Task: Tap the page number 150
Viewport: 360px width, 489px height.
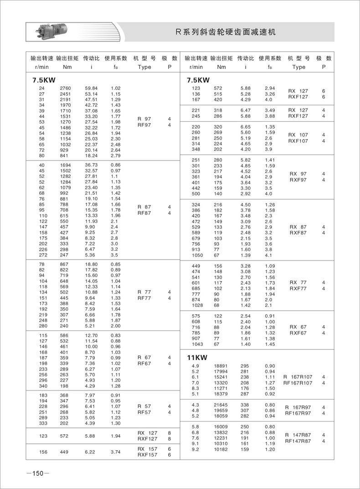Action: click(x=37, y=473)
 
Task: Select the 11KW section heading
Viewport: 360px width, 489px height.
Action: click(x=197, y=357)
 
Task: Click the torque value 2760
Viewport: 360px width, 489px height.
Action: click(x=66, y=88)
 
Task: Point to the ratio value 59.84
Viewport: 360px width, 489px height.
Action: click(x=91, y=88)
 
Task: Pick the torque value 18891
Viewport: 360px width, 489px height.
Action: click(x=221, y=366)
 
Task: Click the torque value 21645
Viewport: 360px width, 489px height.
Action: click(x=221, y=405)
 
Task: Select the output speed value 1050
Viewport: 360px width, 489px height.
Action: click(x=197, y=255)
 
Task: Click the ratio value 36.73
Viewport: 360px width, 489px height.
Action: click(x=91, y=164)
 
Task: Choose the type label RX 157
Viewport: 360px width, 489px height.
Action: click(x=147, y=449)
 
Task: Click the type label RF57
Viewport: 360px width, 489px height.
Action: click(x=144, y=412)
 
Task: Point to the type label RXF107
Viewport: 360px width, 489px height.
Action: click(x=298, y=141)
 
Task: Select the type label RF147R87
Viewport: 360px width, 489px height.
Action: click(x=298, y=441)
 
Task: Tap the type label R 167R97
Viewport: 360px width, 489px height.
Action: click(x=298, y=407)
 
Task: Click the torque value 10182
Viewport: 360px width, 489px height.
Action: click(x=221, y=449)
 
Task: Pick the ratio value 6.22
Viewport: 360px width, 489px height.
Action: click(x=91, y=453)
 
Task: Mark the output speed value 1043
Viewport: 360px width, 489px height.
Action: click(x=197, y=344)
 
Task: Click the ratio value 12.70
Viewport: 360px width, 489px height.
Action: click(x=91, y=335)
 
